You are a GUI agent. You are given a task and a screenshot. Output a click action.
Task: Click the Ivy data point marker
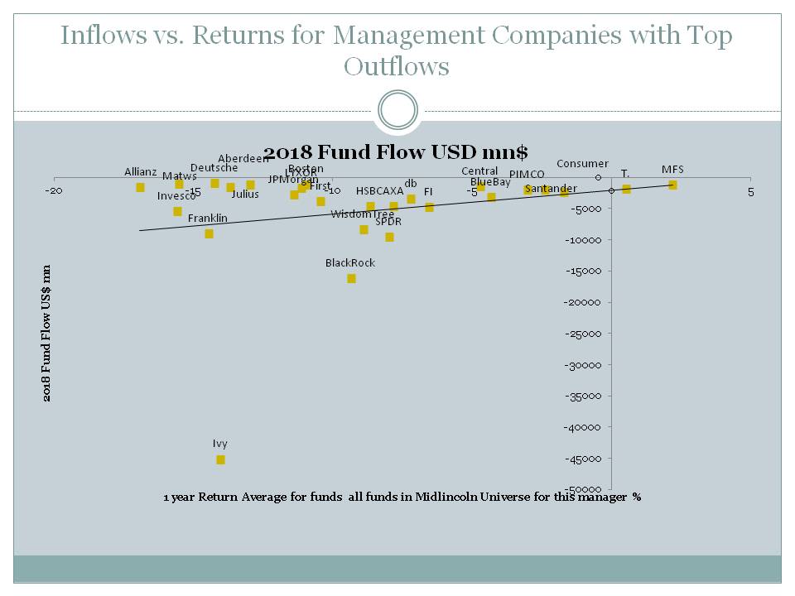220,459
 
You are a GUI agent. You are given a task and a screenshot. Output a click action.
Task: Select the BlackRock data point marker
351,278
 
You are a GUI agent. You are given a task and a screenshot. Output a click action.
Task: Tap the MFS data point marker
672,185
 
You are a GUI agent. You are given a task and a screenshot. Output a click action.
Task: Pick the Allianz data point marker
140,187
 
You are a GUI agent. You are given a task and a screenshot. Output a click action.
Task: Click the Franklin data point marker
209,233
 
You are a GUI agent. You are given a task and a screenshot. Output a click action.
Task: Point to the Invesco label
176,196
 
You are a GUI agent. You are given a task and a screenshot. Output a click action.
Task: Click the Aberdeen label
243,159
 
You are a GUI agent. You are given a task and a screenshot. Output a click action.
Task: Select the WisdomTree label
362,214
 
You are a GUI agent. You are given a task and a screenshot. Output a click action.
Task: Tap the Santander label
552,189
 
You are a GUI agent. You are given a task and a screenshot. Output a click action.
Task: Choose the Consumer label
582,164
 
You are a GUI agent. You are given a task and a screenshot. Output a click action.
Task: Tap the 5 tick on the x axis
751,191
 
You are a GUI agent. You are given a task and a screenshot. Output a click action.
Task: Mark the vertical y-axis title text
47,334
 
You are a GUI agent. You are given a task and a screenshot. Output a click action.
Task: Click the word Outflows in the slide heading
397,66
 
